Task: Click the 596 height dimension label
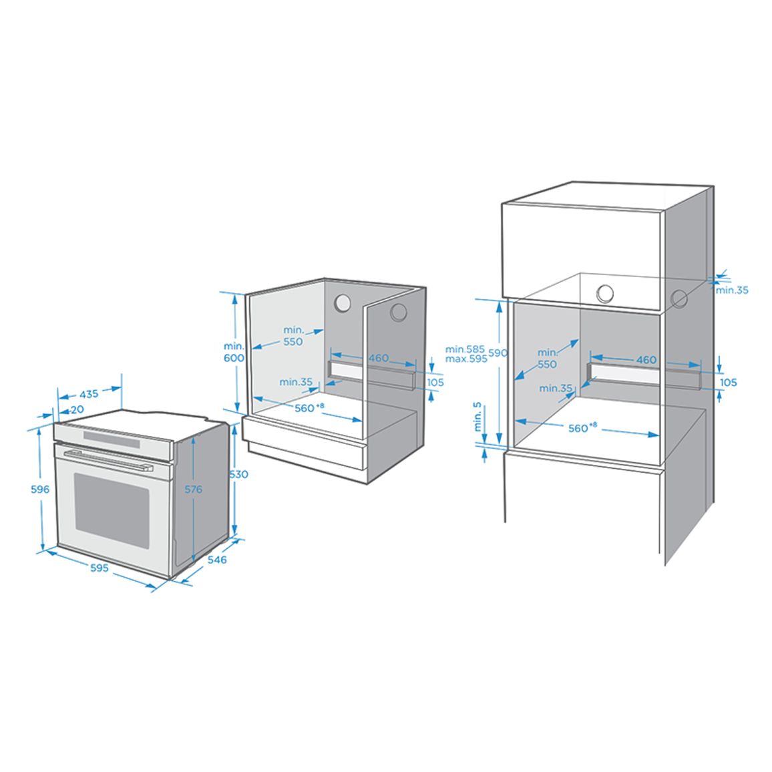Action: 40,489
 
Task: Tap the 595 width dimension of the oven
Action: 99,568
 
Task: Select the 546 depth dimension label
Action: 216,560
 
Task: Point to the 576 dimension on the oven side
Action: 194,489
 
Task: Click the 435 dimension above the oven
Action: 89,394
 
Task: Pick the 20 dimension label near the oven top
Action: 77,409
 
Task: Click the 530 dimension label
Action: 239,474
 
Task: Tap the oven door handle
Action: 108,460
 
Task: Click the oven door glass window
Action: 112,511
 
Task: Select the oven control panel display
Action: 112,439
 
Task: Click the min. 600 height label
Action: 234,352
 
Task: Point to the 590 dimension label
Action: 498,353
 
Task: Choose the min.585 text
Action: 465,349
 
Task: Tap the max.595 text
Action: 466,359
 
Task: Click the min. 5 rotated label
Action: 477,417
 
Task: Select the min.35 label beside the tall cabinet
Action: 732,290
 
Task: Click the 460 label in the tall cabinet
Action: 646,360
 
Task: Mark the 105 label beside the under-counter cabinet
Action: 435,382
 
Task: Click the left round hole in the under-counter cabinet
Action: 342,303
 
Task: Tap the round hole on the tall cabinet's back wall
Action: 605,294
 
